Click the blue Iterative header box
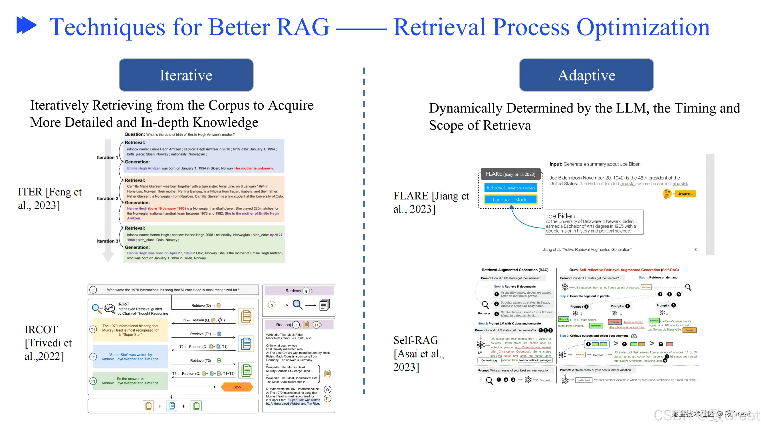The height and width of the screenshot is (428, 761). click(x=186, y=75)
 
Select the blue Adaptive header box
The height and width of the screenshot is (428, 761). click(x=586, y=75)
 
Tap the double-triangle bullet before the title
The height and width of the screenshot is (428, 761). click(x=27, y=25)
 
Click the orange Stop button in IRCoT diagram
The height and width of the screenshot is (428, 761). click(x=237, y=387)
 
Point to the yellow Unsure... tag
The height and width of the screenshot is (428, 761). click(x=685, y=194)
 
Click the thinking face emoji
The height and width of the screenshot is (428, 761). click(x=667, y=194)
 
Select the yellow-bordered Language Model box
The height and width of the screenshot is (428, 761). click(x=510, y=200)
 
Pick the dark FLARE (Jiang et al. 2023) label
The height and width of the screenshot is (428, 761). click(x=510, y=174)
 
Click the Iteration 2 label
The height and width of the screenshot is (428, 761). click(x=108, y=199)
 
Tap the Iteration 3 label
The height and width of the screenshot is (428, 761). click(x=108, y=241)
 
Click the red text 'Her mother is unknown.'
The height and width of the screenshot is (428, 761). click(x=254, y=168)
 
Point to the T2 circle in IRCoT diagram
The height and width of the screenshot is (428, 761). click(x=93, y=357)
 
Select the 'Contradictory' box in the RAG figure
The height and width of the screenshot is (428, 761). click(x=489, y=360)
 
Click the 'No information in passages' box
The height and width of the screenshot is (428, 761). click(x=535, y=360)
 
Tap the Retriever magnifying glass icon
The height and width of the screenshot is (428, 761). click(x=485, y=304)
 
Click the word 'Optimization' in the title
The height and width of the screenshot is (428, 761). click(x=643, y=27)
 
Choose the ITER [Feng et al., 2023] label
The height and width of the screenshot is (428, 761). click(x=50, y=199)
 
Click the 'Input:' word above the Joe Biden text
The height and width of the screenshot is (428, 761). click(x=555, y=164)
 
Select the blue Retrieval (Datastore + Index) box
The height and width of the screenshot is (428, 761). click(x=510, y=188)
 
